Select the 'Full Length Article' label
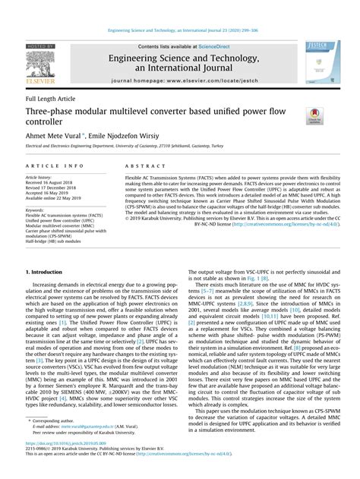[51, 99]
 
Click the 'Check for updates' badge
[314, 116]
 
